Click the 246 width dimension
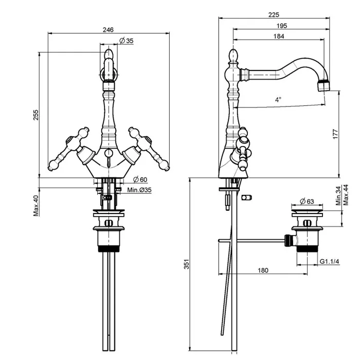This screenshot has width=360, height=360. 107,29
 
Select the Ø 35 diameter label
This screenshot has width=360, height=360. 126,41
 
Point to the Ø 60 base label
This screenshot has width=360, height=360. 140,179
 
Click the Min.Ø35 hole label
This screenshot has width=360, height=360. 139,190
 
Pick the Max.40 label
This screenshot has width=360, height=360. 37,205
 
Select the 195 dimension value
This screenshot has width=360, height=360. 281,26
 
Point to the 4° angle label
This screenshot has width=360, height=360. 278,99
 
